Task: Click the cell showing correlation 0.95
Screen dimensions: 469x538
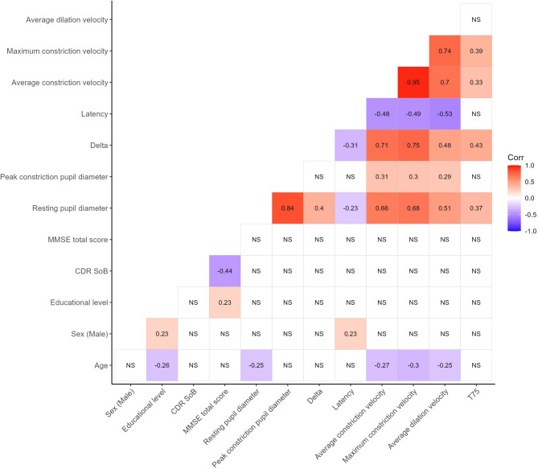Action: click(x=414, y=82)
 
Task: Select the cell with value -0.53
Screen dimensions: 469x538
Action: click(x=446, y=113)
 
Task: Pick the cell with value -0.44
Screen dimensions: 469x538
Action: click(x=226, y=270)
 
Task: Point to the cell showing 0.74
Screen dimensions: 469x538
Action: click(x=446, y=51)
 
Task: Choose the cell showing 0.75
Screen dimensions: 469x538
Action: click(x=414, y=145)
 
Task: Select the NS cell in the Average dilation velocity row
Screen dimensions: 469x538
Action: click(x=477, y=19)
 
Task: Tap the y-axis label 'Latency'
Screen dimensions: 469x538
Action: click(x=92, y=114)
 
